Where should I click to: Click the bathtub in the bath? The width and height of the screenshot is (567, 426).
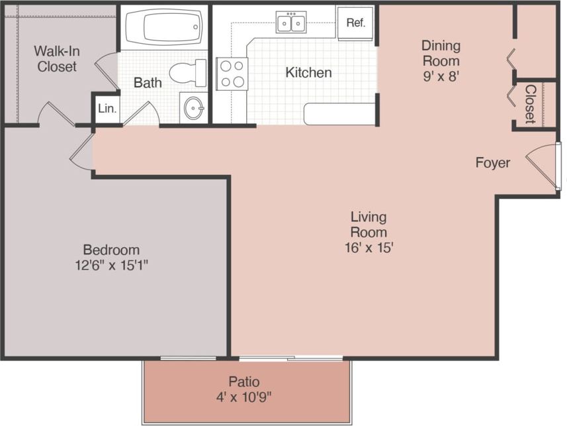162,28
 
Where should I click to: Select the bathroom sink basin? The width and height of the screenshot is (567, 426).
193,108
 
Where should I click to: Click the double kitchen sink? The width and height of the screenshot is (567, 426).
291,23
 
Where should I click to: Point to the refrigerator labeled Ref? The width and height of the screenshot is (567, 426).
355,23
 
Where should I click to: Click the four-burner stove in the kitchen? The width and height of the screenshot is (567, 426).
232,74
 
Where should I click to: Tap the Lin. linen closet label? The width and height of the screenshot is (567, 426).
107,108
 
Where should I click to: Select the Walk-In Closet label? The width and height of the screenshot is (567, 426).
56,59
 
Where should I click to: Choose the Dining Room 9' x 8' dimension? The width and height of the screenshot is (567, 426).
441,76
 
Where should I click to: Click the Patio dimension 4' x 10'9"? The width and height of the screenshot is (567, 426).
244,398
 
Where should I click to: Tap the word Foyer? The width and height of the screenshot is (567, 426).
492,163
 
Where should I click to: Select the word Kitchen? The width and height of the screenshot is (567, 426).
308,72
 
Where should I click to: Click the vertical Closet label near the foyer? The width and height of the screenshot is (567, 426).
530,103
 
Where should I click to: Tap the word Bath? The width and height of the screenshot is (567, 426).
148,83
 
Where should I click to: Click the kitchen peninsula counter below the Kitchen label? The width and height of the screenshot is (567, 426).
339,114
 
